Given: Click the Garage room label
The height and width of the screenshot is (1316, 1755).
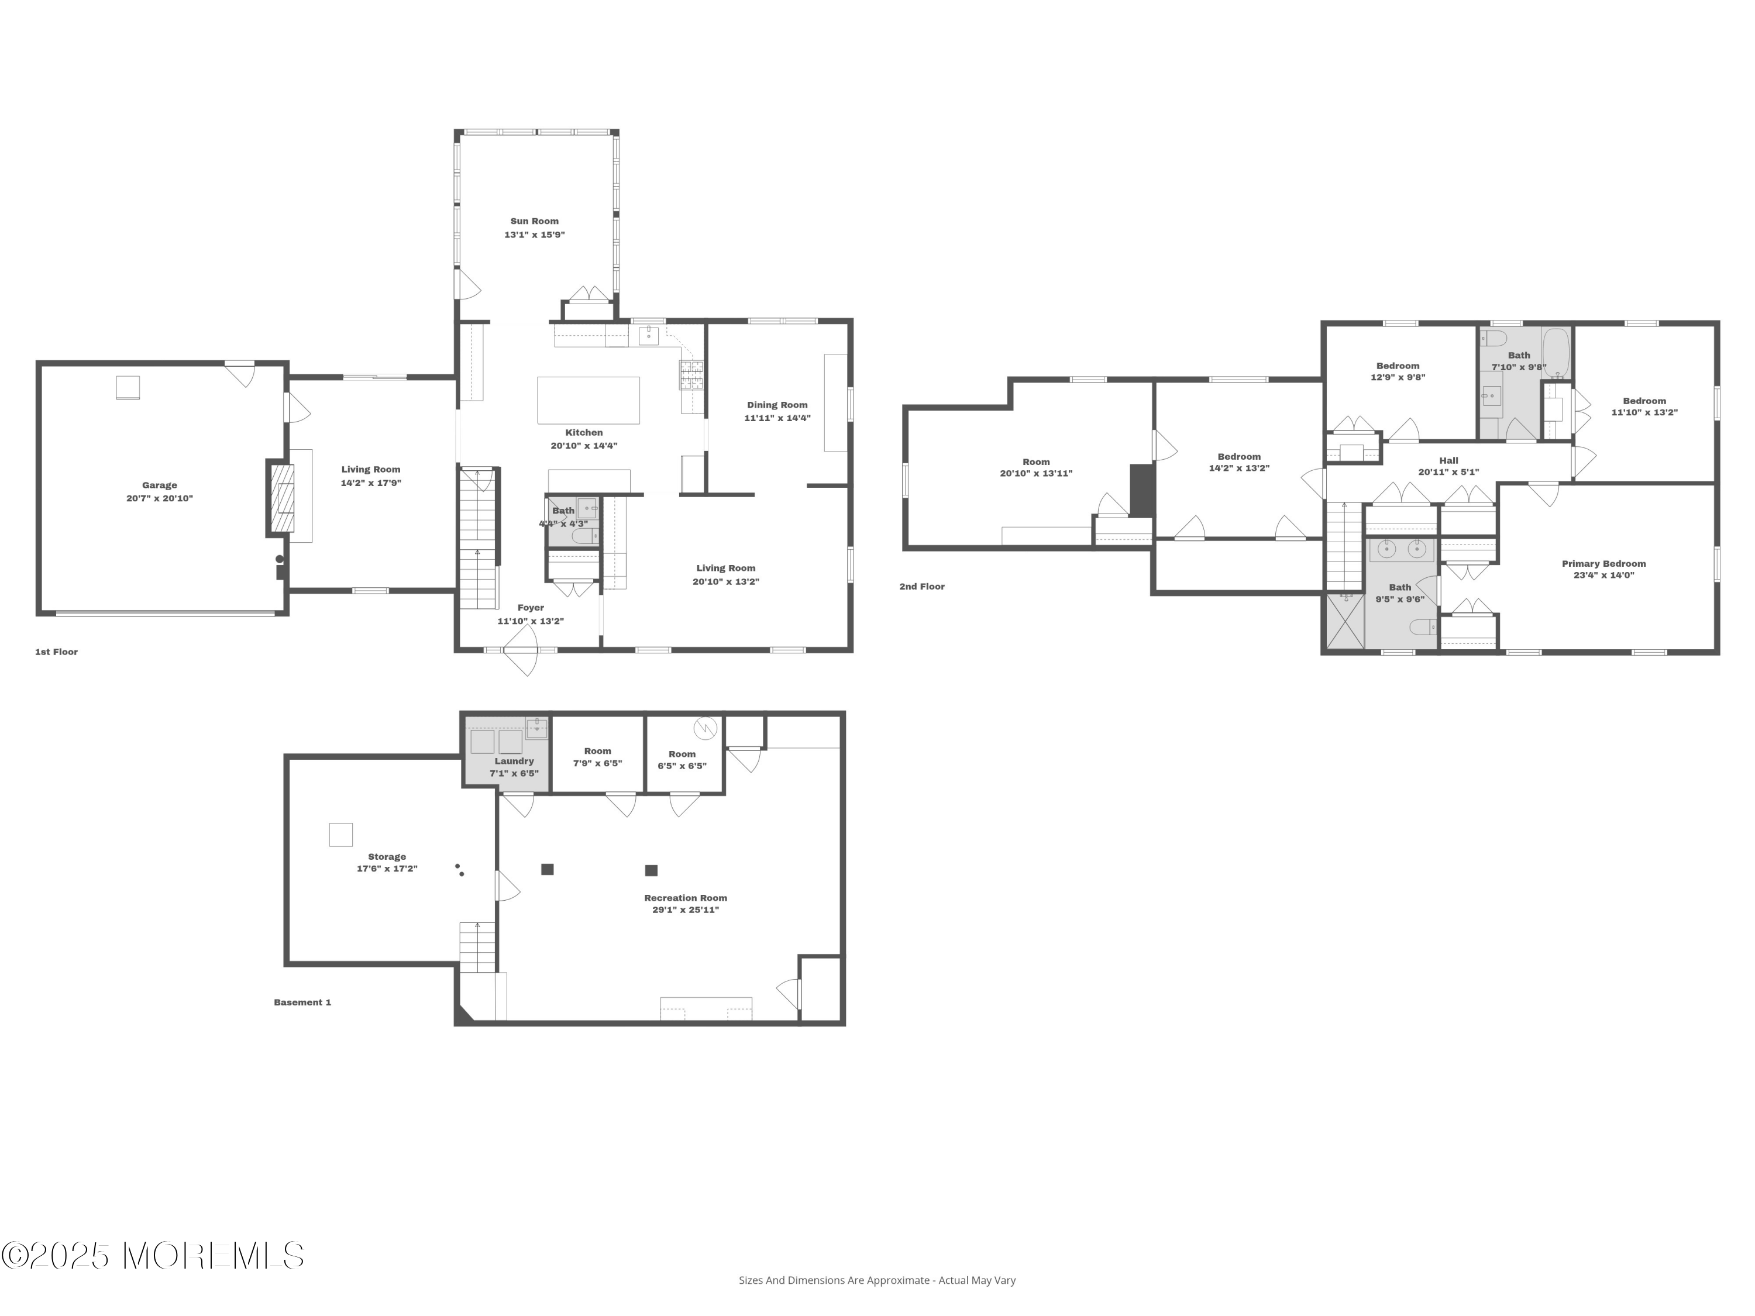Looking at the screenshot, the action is (160, 485).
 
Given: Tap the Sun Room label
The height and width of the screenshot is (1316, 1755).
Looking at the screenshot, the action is (535, 221).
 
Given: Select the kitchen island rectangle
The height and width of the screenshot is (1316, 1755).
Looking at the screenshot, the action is (589, 401).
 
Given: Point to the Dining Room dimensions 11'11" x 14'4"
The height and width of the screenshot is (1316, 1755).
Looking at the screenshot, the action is (777, 418).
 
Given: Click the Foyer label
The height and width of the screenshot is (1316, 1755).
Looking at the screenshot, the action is (531, 608).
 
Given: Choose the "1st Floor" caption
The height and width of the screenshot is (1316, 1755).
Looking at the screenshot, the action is (56, 652).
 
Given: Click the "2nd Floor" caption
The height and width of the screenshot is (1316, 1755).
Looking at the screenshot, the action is (922, 587).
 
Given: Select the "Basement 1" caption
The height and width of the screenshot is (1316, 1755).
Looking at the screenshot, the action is (302, 1002).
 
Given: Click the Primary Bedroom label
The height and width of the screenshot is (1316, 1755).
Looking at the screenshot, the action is (1604, 564).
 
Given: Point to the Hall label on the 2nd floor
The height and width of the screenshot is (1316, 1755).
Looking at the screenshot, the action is (1448, 460).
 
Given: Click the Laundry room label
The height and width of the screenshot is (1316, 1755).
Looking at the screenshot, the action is (514, 761).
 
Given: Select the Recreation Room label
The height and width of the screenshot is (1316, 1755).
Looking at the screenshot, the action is (686, 898).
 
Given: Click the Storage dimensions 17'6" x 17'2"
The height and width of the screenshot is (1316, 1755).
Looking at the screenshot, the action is (387, 869).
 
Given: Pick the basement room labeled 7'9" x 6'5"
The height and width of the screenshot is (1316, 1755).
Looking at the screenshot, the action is (597, 756).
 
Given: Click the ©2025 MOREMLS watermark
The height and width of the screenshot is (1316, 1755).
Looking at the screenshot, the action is (152, 1256).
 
